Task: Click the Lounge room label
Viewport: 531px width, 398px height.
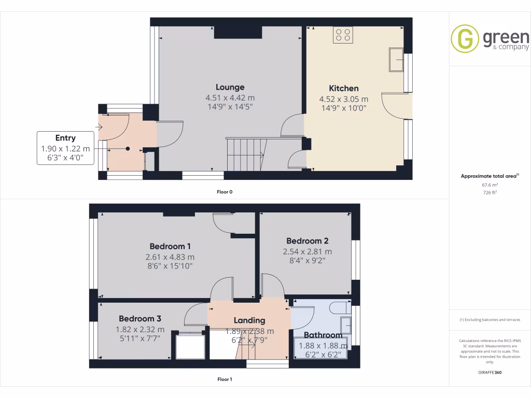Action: coord(230,87)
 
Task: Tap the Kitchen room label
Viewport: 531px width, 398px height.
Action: coord(343,88)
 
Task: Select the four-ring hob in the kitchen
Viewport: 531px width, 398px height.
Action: coord(343,35)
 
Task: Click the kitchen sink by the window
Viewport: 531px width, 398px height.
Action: coord(397,60)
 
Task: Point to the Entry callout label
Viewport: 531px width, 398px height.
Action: coord(65,138)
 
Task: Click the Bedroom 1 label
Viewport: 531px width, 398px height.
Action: coord(170,246)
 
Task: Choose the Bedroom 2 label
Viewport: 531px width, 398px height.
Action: coord(307,240)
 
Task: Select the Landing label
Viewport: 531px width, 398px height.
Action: coord(249,320)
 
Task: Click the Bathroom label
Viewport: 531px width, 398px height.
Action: coord(323,335)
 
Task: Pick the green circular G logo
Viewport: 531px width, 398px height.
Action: coord(465,39)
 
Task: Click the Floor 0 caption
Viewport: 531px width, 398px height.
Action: coord(224,192)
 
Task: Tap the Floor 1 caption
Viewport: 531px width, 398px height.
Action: coord(224,379)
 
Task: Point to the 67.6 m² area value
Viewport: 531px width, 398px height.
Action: coord(490,184)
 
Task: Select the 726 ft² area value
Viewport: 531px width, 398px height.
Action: coord(490,192)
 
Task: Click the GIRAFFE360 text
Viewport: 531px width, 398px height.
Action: coord(490,372)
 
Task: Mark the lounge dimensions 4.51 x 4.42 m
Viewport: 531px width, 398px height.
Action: coord(230,98)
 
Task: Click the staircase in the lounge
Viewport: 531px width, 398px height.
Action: coord(246,153)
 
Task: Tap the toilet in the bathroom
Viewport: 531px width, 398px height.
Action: coord(340,307)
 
